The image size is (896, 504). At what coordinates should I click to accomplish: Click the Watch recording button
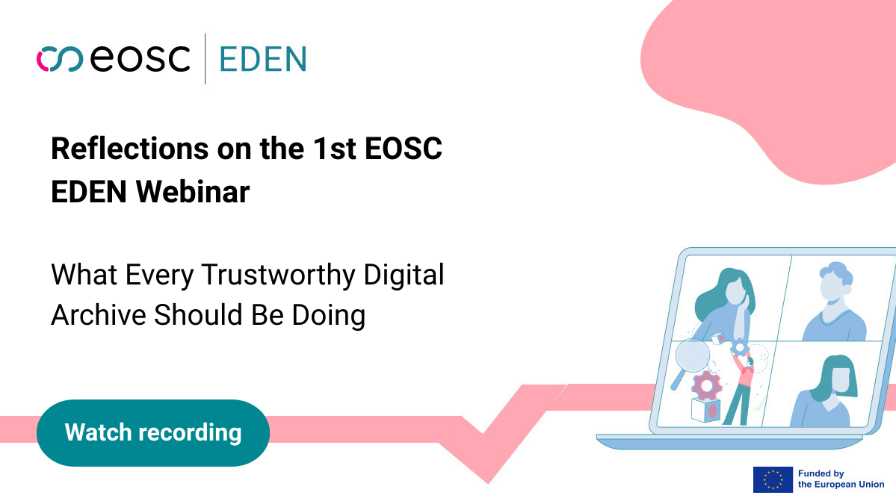point(153,432)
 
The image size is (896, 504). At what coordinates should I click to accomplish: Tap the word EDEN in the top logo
point(263,60)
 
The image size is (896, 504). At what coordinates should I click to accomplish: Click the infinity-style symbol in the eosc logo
point(60,59)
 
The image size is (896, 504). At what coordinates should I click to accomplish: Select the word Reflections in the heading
point(130,149)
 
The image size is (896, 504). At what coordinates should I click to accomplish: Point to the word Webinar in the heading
point(193,191)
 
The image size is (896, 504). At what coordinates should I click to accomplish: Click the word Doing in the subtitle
point(329,316)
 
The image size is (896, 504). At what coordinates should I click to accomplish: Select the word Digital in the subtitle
point(404,275)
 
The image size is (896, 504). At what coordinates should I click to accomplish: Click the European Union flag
point(773,479)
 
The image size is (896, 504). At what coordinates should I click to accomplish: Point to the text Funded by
point(821,473)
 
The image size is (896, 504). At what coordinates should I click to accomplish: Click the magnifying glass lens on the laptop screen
point(693,355)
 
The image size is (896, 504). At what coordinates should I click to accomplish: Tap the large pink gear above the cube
point(707,387)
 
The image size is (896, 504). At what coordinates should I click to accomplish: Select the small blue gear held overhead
point(739,346)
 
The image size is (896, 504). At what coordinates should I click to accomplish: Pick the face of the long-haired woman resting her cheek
point(735,292)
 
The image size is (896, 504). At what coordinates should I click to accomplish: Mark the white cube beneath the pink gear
point(705,410)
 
